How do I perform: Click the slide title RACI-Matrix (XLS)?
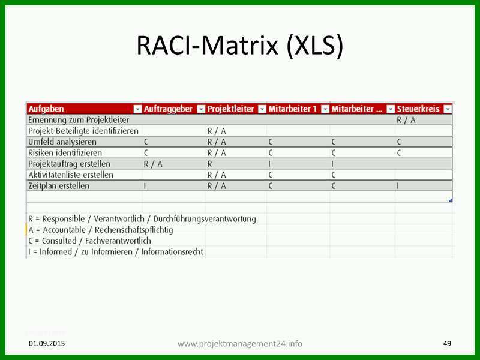239,46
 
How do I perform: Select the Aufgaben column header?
46,109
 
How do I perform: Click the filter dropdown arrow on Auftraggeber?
201,109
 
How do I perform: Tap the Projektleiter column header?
230,109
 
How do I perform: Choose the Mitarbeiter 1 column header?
293,109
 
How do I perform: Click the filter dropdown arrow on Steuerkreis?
448,109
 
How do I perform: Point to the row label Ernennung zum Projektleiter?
79,120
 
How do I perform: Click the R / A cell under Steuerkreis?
406,120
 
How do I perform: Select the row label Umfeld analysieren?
62,142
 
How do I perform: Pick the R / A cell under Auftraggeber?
153,164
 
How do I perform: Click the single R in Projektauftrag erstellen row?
209,164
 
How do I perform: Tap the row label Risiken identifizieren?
65,153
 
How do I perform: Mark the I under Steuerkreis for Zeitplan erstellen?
398,186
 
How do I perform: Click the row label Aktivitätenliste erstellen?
71,175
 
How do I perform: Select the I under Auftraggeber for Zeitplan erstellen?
145,186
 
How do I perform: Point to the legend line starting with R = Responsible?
142,219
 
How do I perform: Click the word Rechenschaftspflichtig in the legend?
134,230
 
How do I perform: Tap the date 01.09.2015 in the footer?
47,343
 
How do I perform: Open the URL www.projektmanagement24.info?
239,344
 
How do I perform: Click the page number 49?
447,343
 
